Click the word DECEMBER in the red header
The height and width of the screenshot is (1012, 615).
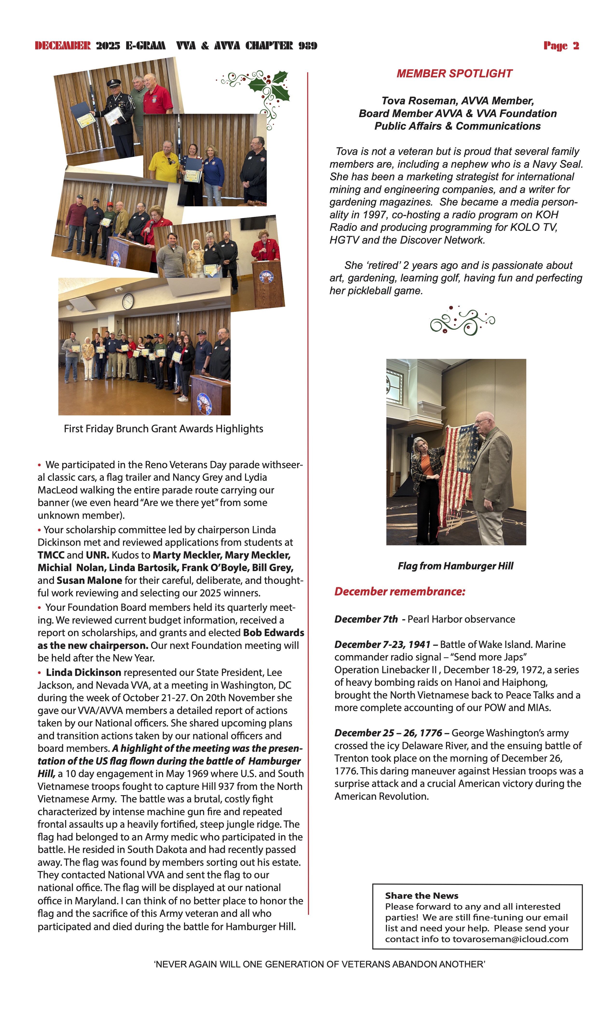click(62, 46)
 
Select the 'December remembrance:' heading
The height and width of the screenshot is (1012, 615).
click(400, 592)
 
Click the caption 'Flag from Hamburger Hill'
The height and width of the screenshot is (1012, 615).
click(455, 566)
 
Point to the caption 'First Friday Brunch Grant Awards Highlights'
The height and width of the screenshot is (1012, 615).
click(163, 429)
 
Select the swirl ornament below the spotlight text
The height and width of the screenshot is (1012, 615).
click(462, 321)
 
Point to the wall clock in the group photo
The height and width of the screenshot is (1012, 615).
click(128, 301)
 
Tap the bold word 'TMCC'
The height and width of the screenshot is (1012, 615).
click(51, 555)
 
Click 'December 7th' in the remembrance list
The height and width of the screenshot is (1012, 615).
click(366, 619)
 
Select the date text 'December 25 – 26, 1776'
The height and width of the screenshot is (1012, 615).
click(388, 733)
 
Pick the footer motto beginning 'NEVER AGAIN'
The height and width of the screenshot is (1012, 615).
click(319, 964)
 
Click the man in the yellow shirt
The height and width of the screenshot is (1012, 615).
click(164, 162)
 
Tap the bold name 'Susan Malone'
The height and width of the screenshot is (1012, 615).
click(89, 580)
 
